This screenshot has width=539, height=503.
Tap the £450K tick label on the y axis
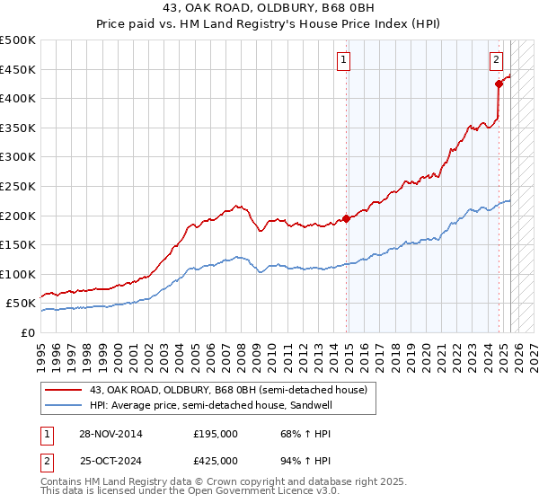[18, 69]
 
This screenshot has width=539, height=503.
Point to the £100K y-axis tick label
[18, 274]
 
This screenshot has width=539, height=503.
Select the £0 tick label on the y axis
[27, 332]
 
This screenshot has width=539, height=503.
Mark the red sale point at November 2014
[347, 218]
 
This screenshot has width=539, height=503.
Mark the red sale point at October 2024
[499, 84]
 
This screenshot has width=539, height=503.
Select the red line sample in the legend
[64, 390]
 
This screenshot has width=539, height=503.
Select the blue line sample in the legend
[64, 405]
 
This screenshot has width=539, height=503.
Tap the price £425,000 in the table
[216, 460]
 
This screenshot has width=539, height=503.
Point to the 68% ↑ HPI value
[295, 434]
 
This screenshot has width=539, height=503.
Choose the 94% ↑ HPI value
[295, 460]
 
